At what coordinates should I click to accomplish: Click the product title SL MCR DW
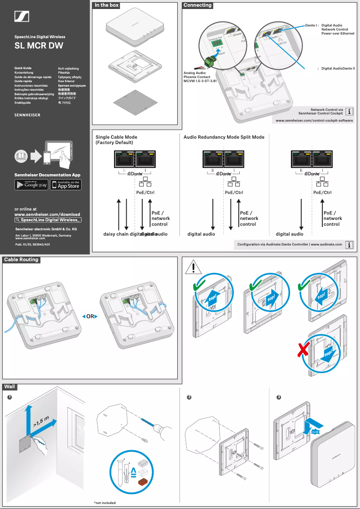tap(39, 46)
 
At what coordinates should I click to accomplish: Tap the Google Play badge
tap(31, 184)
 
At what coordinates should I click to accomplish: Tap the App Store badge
tap(66, 184)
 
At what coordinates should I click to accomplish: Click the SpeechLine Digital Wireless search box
tap(48, 220)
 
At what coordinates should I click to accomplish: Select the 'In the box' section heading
tap(106, 5)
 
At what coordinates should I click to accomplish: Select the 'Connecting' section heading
tap(198, 5)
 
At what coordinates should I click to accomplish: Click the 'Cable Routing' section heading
tap(21, 259)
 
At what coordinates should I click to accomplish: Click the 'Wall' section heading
tap(10, 386)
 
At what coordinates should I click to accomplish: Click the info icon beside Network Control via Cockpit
tap(350, 111)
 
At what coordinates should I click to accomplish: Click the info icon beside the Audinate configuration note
tap(350, 245)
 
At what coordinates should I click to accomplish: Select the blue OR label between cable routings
tap(90, 316)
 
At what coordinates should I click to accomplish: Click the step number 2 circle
tap(189, 397)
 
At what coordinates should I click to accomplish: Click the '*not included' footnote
tap(105, 503)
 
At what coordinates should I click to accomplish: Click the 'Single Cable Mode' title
tap(116, 137)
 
